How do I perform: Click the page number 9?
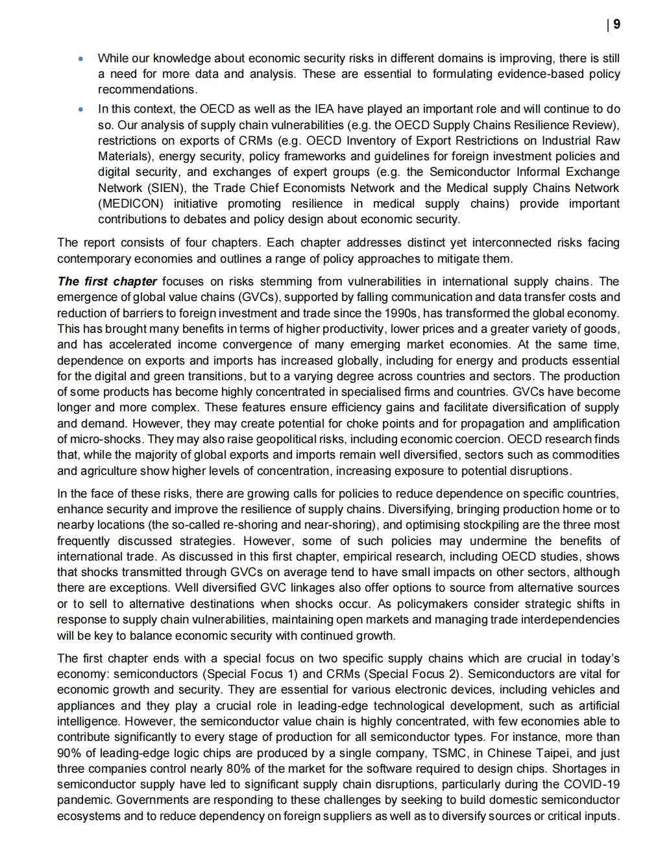[616, 25]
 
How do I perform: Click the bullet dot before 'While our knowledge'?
[80, 58]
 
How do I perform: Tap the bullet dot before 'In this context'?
[80, 109]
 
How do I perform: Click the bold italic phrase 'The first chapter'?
[107, 282]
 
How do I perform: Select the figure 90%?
[68, 753]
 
